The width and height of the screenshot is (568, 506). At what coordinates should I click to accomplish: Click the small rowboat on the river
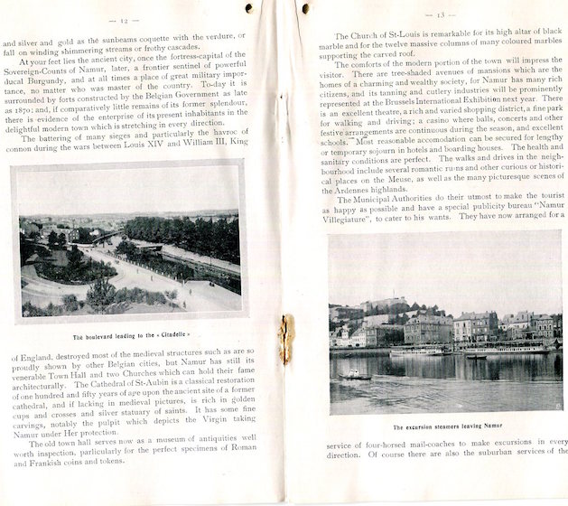[356, 374]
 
